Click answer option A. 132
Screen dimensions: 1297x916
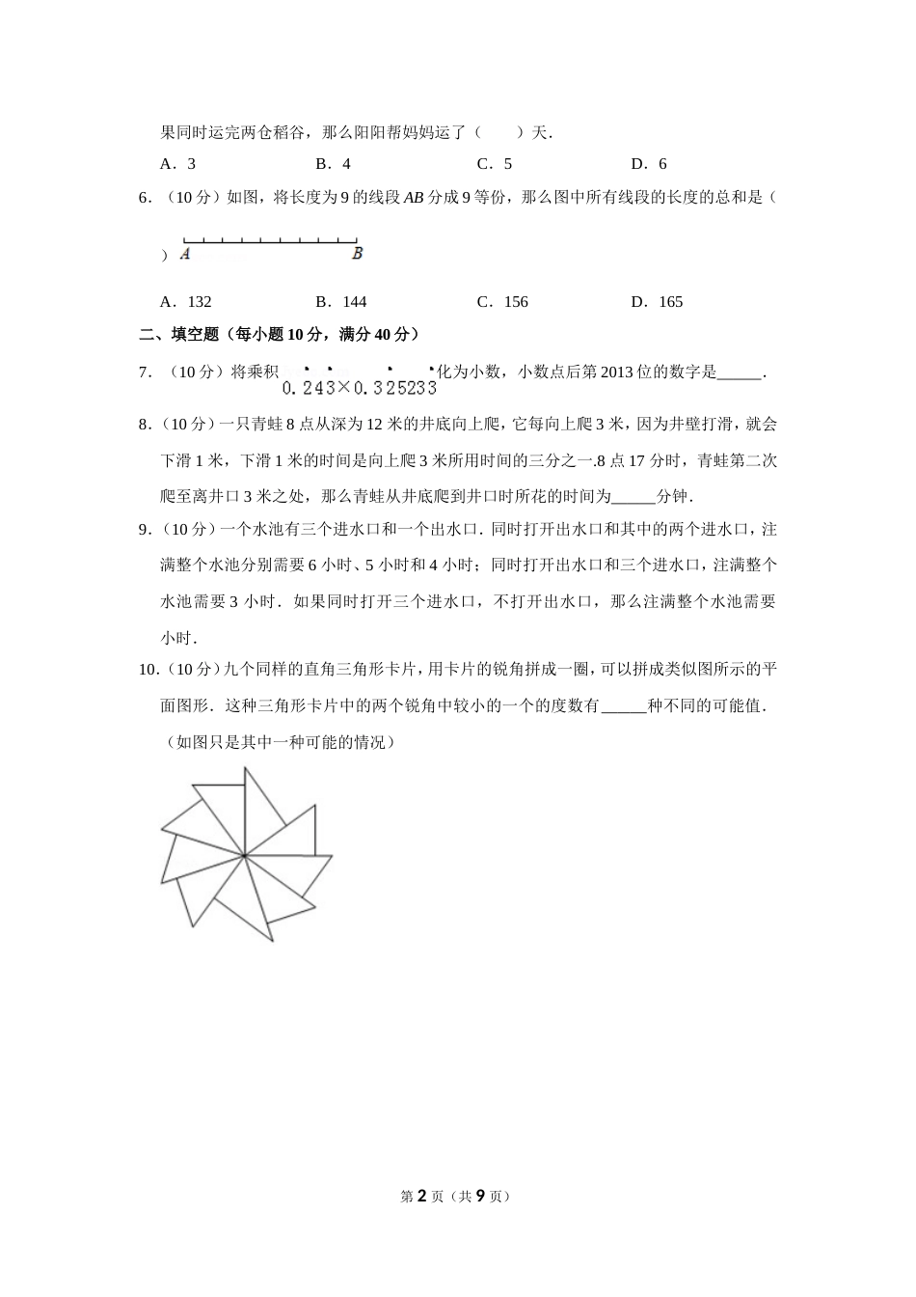[x=186, y=302]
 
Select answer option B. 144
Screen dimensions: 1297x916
[x=341, y=302]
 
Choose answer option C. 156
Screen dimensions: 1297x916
[x=502, y=302]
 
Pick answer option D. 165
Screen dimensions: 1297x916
[x=657, y=302]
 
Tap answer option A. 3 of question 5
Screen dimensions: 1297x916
[x=178, y=164]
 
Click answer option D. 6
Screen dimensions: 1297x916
[x=649, y=164]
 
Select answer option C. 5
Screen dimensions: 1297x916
[x=495, y=164]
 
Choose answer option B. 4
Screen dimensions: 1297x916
[x=334, y=164]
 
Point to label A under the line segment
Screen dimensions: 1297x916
[x=184, y=255]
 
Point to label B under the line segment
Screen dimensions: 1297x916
[x=357, y=254]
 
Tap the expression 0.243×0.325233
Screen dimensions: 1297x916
[x=360, y=387]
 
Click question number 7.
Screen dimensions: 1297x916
[x=145, y=373]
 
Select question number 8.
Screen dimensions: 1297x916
[x=145, y=424]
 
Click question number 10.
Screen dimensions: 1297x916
[x=148, y=669]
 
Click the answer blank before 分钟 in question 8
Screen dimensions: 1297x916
[x=633, y=497]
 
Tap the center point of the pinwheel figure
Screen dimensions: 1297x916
[x=245, y=854]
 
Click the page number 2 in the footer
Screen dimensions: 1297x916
[x=421, y=1197]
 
